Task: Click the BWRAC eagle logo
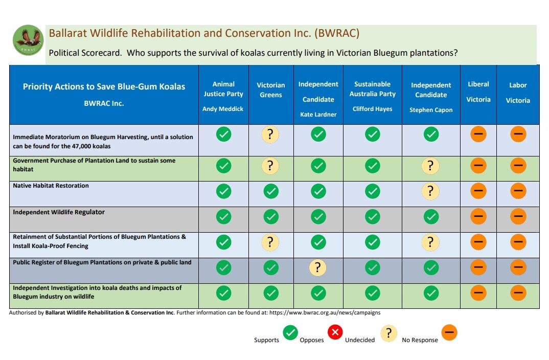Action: point(28,40)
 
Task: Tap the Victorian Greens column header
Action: point(271,89)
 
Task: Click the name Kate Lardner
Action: point(318,115)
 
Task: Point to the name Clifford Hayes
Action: point(373,109)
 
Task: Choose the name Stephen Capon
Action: point(431,110)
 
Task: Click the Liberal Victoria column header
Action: point(478,92)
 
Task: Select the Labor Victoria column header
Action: point(518,93)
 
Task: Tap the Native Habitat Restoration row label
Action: point(51,186)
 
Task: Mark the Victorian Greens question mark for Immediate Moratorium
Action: point(270,134)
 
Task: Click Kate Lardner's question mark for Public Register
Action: point(318,267)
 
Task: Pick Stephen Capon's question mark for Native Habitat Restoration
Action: point(431,191)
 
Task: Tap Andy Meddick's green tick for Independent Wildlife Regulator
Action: point(223,217)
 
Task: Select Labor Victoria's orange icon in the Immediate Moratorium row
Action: point(518,134)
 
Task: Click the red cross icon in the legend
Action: point(335,333)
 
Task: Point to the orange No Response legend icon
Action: point(449,333)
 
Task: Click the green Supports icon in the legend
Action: point(290,333)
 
